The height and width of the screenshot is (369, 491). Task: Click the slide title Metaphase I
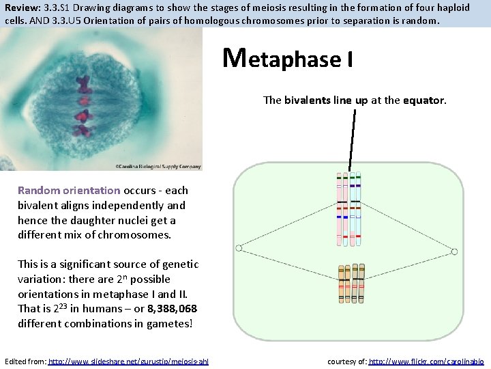(x=288, y=59)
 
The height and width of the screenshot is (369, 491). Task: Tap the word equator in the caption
(x=423, y=100)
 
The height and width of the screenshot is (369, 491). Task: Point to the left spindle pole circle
(x=239, y=248)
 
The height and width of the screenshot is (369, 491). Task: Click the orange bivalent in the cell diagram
(x=351, y=284)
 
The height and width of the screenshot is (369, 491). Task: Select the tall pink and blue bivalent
(x=348, y=208)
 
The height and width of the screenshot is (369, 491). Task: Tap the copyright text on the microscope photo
(x=158, y=165)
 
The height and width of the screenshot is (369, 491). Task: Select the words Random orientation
(x=69, y=190)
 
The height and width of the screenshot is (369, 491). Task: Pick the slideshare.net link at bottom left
(x=129, y=361)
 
